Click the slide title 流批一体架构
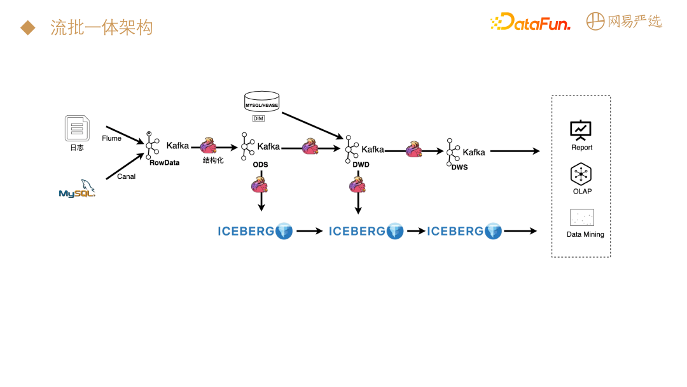click(x=102, y=28)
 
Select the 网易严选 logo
click(x=623, y=21)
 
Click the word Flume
click(x=111, y=138)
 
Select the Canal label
click(x=126, y=176)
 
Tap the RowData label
click(x=164, y=162)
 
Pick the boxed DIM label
click(x=258, y=119)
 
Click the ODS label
click(x=260, y=164)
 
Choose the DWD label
click(x=361, y=164)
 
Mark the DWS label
click(x=460, y=167)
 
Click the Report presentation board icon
click(x=581, y=129)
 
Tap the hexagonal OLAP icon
click(x=581, y=174)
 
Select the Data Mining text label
click(x=585, y=234)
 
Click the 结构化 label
click(x=213, y=160)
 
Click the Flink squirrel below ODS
click(x=260, y=186)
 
